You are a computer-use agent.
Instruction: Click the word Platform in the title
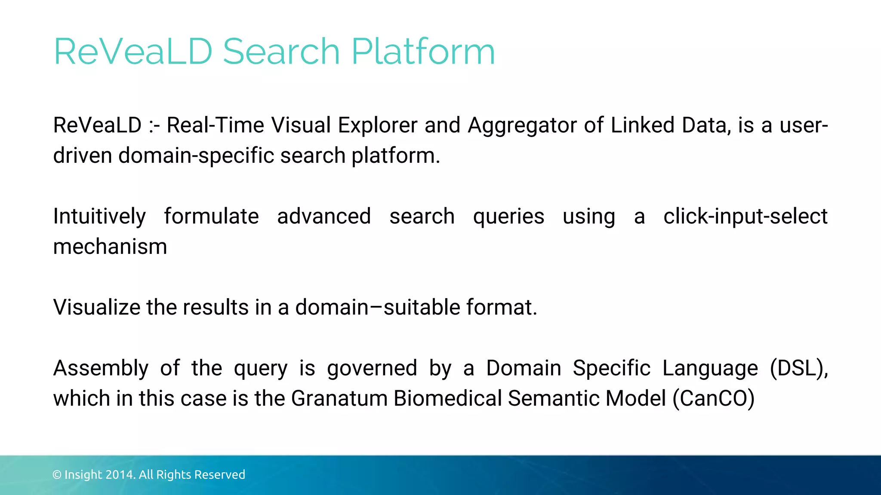pos(423,52)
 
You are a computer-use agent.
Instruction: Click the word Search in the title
pos(281,52)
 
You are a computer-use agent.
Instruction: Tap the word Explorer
pos(377,126)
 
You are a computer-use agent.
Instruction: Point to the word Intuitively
pos(99,217)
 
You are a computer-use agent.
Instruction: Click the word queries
pos(508,217)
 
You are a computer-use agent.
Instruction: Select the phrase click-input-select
pos(745,216)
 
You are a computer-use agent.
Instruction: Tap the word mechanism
pos(110,247)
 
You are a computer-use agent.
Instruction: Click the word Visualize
pos(96,307)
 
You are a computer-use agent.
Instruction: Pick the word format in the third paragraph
pos(501,307)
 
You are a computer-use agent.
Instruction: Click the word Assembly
pos(101,369)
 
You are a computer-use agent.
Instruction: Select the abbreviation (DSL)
pos(799,368)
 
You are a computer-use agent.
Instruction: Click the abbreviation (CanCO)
pos(714,398)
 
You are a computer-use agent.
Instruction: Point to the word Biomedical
pos(447,398)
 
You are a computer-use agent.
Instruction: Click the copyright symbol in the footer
pos(57,475)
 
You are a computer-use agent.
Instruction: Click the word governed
pos(372,369)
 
